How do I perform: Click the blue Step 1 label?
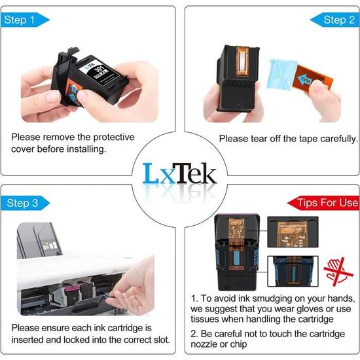click(x=19, y=20)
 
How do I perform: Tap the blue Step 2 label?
click(x=339, y=20)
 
